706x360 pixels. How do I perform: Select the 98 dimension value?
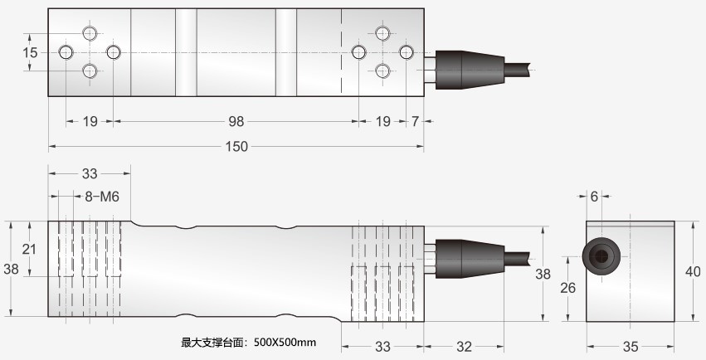(x=236, y=121)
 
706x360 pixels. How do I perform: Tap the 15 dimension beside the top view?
(x=30, y=52)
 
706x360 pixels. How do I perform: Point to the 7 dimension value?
(x=415, y=121)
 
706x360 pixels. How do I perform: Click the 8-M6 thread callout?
(x=103, y=197)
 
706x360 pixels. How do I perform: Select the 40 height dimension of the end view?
(x=694, y=271)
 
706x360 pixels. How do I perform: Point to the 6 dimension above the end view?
(x=594, y=197)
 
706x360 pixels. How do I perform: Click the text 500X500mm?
(x=285, y=342)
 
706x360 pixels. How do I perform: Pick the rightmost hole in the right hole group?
(x=406, y=52)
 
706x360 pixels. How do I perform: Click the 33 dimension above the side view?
(x=90, y=173)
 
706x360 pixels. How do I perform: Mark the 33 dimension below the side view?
(x=383, y=345)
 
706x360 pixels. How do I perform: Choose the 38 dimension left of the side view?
(x=11, y=269)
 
